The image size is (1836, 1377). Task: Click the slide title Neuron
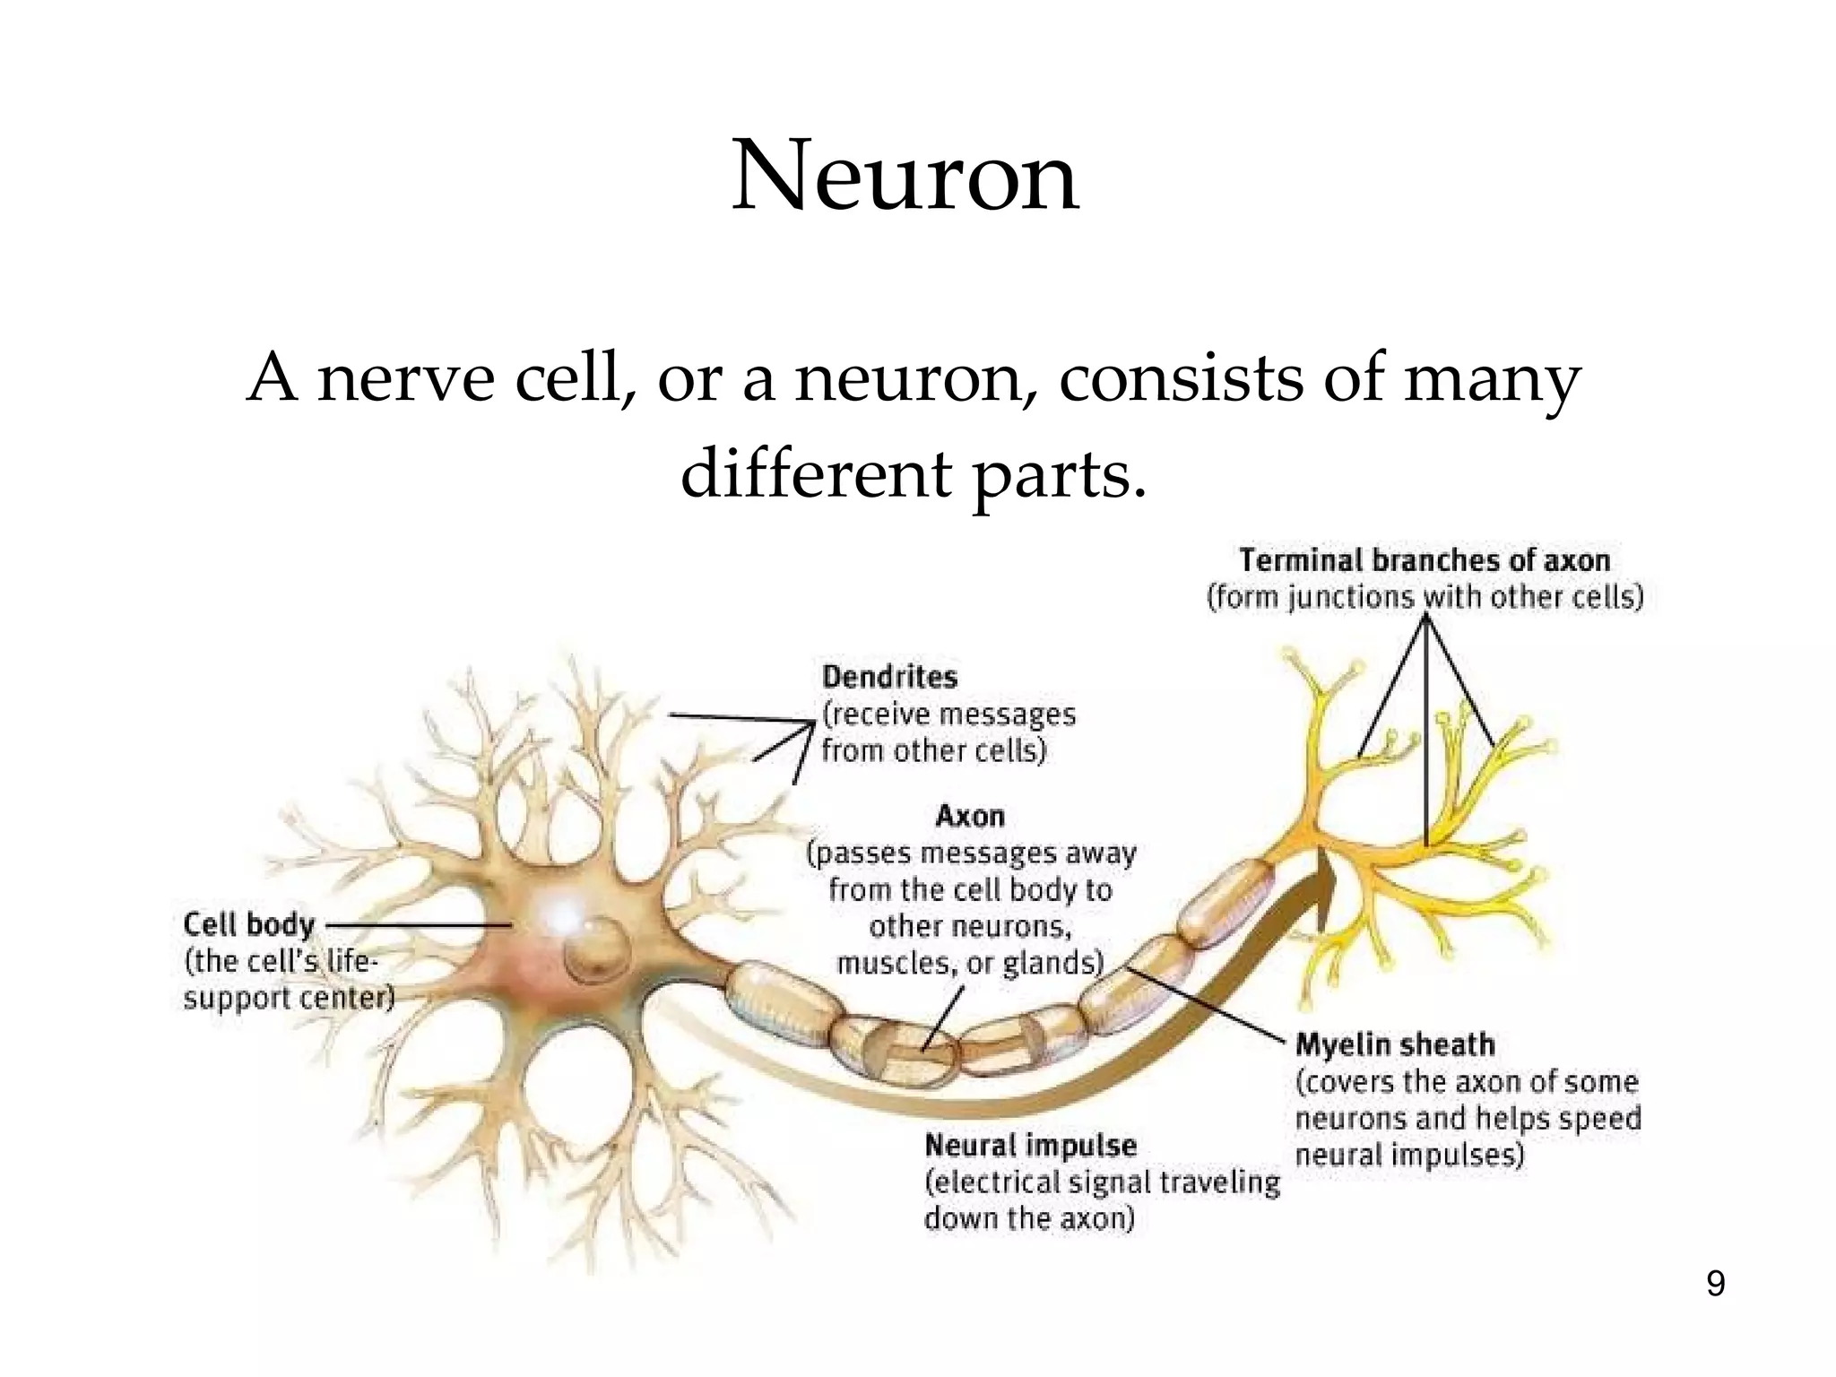(x=905, y=177)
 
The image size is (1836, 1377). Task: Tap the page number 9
(x=1715, y=1284)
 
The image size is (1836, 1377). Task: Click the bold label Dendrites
(x=889, y=676)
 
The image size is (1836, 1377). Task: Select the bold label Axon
(x=970, y=816)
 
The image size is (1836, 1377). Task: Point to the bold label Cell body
(x=248, y=924)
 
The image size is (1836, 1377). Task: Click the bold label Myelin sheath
(x=1395, y=1044)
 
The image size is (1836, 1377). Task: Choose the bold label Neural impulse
(x=1030, y=1145)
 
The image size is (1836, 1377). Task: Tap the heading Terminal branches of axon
(x=1425, y=560)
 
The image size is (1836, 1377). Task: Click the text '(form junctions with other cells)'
(x=1425, y=597)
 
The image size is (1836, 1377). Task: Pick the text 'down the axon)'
(x=1028, y=1218)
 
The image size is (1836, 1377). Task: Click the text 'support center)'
(x=289, y=998)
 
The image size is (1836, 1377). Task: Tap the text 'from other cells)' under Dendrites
(x=933, y=750)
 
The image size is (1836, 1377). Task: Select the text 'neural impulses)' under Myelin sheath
(x=1409, y=1155)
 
